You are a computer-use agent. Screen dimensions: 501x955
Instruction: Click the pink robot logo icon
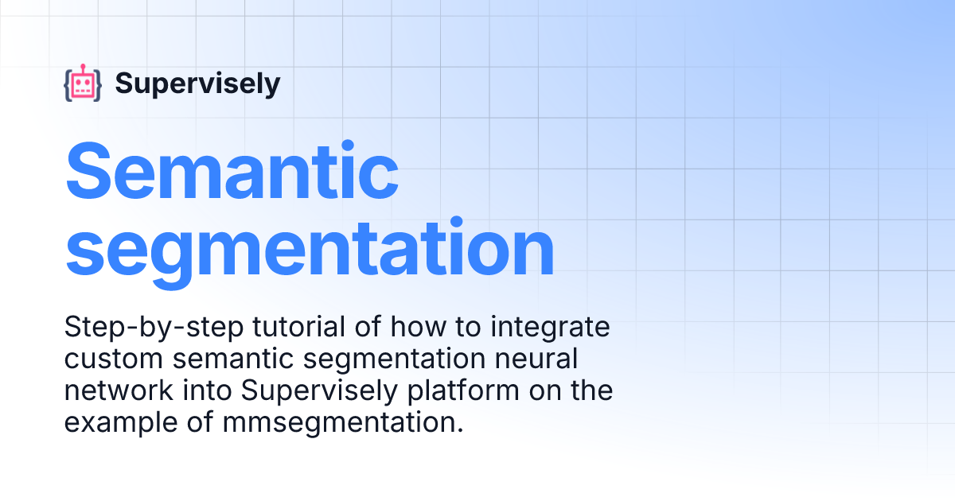(83, 83)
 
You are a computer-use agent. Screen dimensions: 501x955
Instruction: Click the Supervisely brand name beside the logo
(197, 83)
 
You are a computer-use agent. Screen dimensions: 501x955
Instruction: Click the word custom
(108, 359)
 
